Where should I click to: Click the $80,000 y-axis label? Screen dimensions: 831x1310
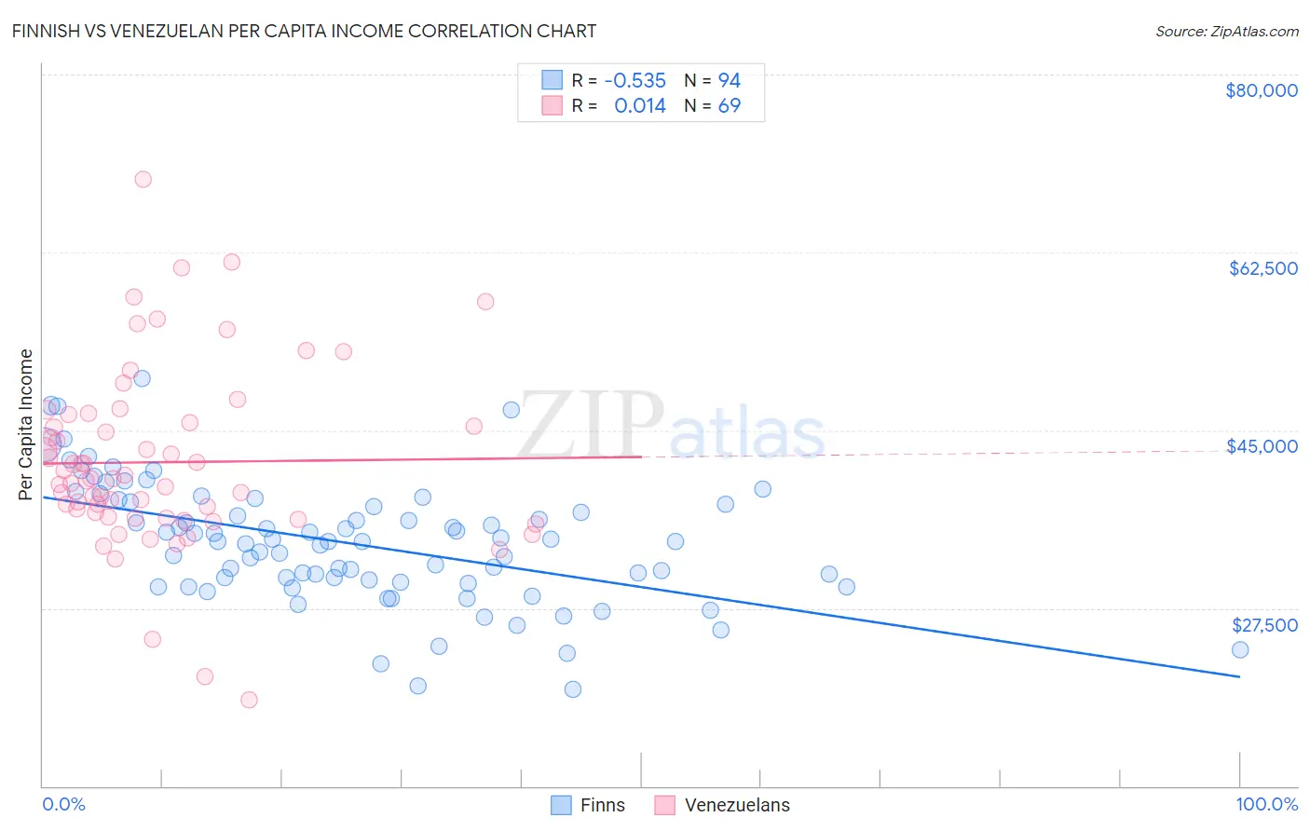click(x=1261, y=90)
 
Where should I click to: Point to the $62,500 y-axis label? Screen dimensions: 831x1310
click(x=1262, y=268)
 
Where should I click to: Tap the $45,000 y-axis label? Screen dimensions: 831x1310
click(x=1262, y=446)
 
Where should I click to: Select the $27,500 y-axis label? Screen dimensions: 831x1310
click(x=1263, y=625)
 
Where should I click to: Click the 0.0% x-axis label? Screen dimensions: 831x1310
click(x=63, y=804)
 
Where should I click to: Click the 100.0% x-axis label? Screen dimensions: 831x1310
click(x=1266, y=804)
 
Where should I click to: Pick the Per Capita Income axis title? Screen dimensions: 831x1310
click(x=26, y=424)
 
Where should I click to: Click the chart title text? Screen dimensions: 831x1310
click(x=304, y=31)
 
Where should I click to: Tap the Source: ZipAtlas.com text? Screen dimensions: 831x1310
click(x=1226, y=31)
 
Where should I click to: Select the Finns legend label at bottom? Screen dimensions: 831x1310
click(x=602, y=805)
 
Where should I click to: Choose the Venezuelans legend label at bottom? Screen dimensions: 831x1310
click(x=737, y=805)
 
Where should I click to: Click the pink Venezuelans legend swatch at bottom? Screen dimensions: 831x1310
click(x=664, y=805)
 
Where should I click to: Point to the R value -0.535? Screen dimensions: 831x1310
click(x=635, y=80)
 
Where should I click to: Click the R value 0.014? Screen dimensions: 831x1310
click(x=640, y=106)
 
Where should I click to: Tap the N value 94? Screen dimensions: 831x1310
click(x=729, y=80)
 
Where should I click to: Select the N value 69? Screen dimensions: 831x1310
click(x=729, y=106)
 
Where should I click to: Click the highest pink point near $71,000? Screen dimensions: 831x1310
click(x=143, y=179)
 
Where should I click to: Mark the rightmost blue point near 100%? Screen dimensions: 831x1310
click(x=1239, y=649)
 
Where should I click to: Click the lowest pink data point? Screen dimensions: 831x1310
click(x=249, y=700)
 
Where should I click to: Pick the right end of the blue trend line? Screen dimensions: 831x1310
click(x=1239, y=676)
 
